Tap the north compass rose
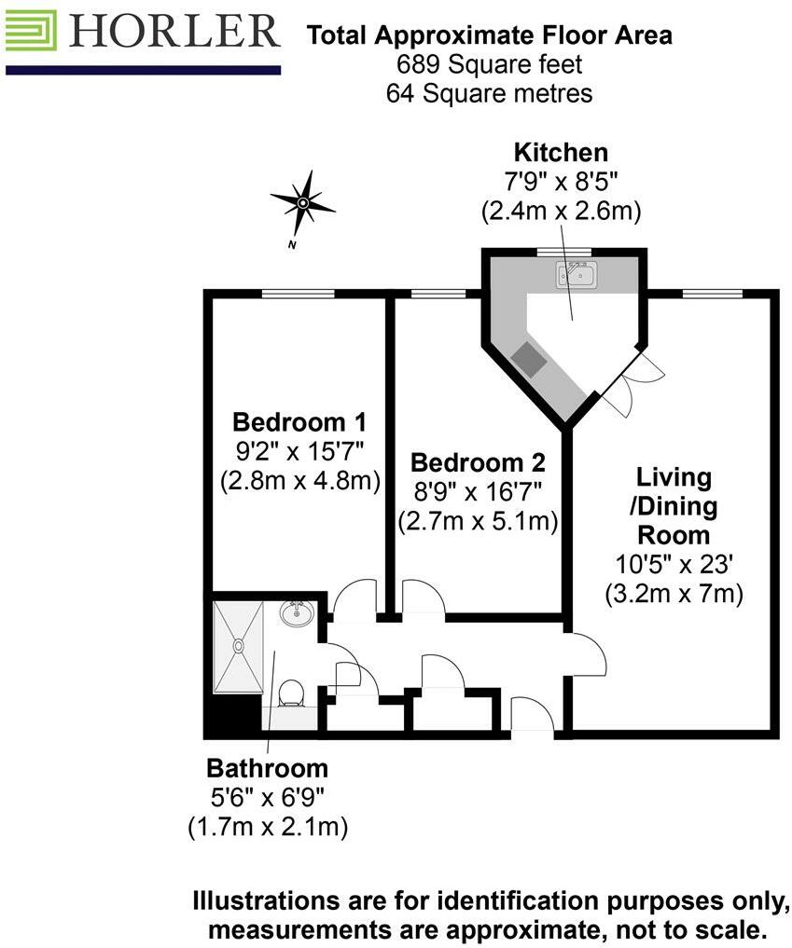[x=302, y=202]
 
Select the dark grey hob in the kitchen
[x=531, y=359]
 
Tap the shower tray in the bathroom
[x=240, y=648]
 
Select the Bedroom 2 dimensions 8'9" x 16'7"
[x=478, y=492]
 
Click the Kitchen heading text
[x=561, y=153]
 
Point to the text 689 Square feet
[x=489, y=65]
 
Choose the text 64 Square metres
[x=489, y=93]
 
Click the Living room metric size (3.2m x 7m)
[x=674, y=593]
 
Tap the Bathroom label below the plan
[x=267, y=768]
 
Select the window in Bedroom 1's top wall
[x=298, y=295]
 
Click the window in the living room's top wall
[x=713, y=295]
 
